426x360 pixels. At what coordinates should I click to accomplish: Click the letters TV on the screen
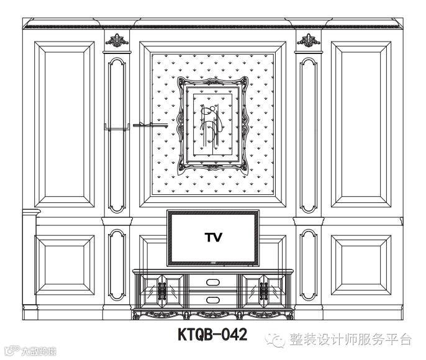click(x=212, y=237)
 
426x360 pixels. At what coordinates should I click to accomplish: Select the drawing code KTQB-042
click(x=212, y=336)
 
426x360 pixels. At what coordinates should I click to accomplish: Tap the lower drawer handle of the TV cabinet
click(x=212, y=300)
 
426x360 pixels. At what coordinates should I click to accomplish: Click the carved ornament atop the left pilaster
click(x=116, y=42)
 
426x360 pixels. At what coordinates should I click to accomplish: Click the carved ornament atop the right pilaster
click(x=306, y=42)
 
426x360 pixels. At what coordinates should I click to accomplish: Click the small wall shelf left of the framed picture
click(x=150, y=125)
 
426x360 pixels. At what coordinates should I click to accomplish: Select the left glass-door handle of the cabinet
click(x=163, y=290)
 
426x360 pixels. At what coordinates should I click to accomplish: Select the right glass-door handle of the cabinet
click(x=263, y=290)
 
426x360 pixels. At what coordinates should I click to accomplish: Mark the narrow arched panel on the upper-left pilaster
click(x=116, y=133)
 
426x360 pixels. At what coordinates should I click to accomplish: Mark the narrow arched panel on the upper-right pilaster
click(x=306, y=133)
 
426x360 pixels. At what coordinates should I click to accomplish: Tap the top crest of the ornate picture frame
click(x=212, y=81)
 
